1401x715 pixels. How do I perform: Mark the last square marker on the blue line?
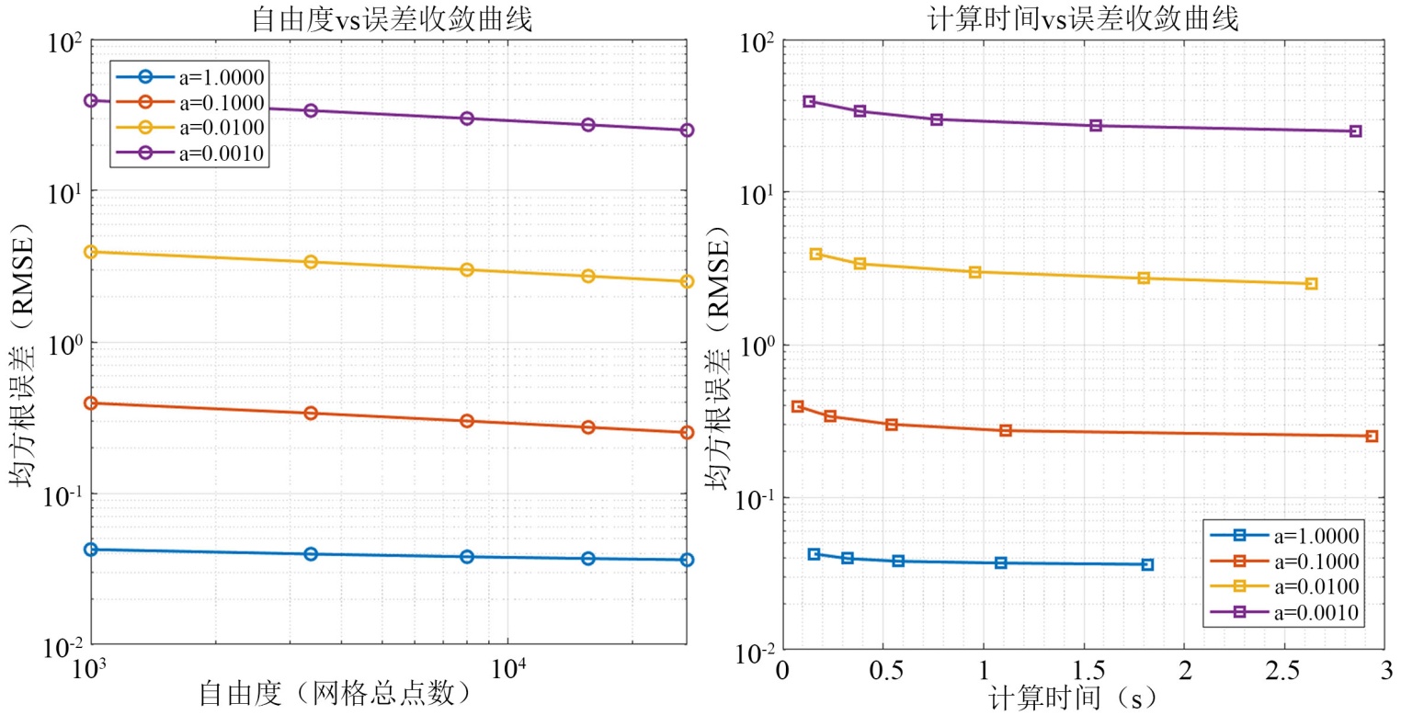(x=1147, y=564)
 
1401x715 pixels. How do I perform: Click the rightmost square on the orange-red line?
(x=1372, y=436)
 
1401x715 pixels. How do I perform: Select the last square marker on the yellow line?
(x=1312, y=284)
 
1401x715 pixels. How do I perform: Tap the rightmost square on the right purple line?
(x=1355, y=131)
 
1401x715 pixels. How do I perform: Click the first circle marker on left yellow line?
(x=90, y=252)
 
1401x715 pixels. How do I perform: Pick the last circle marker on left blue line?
(x=687, y=560)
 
